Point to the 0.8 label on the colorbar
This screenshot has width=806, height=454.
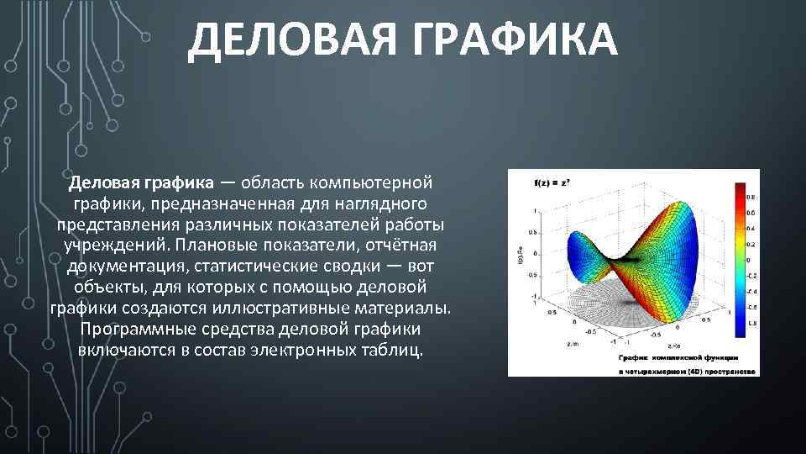pos(750,197)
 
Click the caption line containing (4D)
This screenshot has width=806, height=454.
pos(687,370)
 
